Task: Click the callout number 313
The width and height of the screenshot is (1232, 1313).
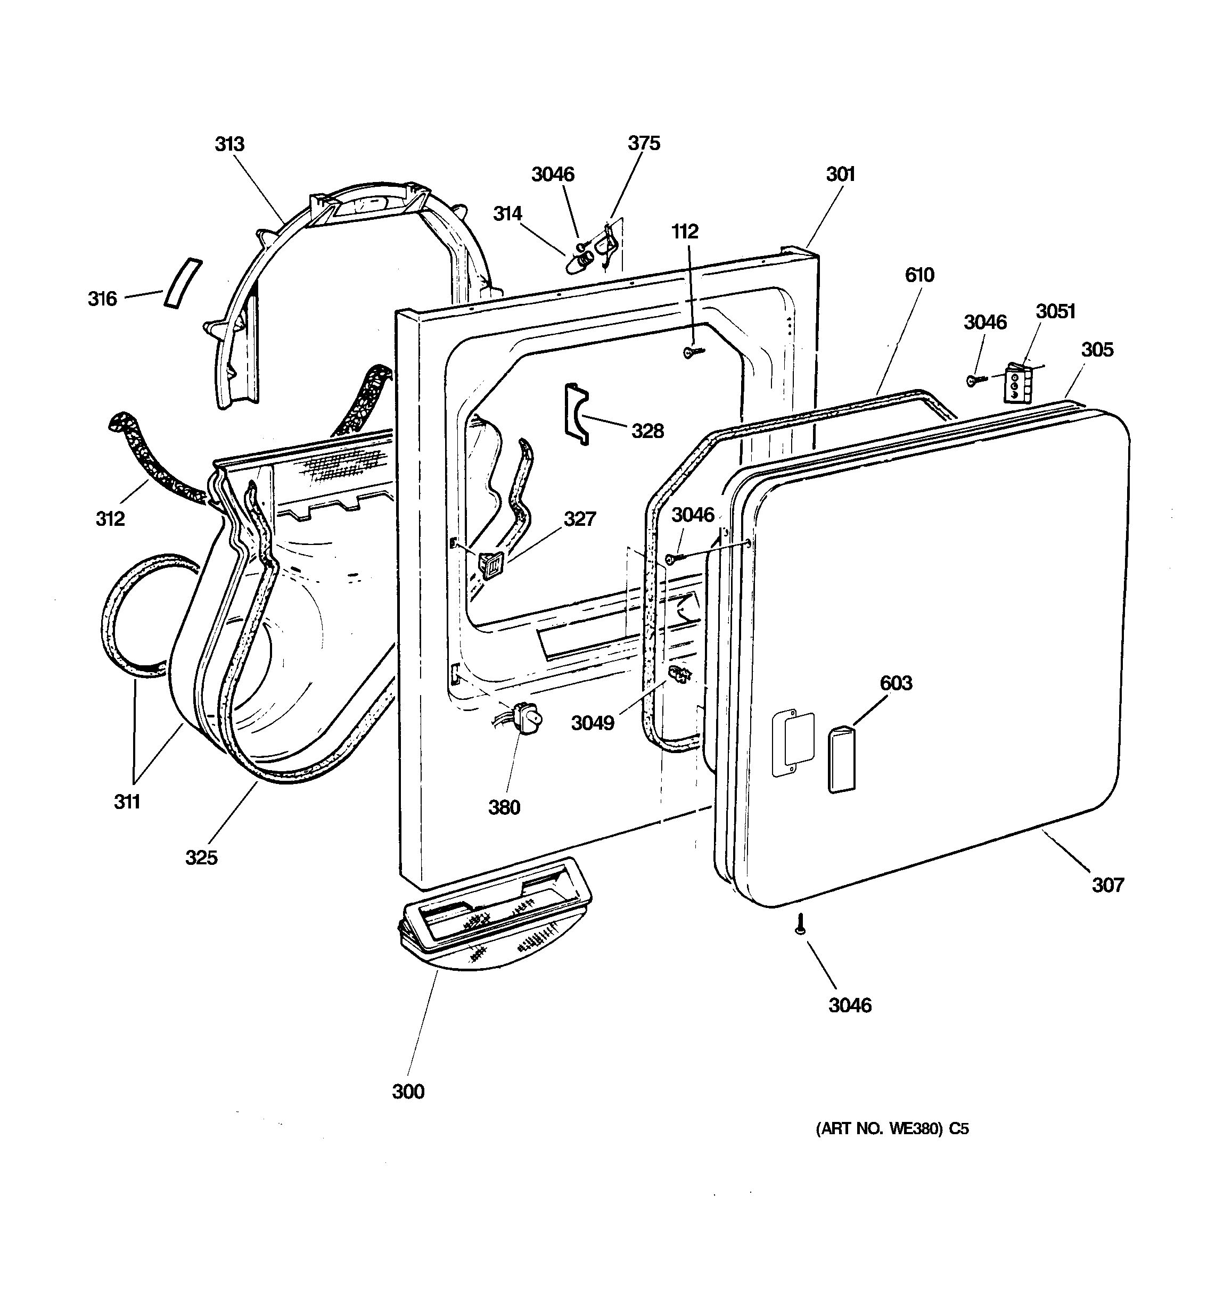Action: (x=229, y=144)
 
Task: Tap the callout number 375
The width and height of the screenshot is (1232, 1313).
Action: (x=643, y=143)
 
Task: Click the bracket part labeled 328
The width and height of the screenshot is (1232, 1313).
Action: (x=574, y=412)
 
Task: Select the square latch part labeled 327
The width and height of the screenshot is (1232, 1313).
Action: (x=491, y=564)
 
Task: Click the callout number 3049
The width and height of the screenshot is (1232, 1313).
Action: (x=593, y=723)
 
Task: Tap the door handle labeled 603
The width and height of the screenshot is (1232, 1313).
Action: (x=841, y=759)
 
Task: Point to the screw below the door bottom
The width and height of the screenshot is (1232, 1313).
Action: (x=801, y=924)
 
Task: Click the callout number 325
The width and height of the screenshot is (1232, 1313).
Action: (x=201, y=857)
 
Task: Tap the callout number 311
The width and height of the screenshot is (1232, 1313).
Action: (x=127, y=802)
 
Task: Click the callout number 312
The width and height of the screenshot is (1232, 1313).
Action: (x=110, y=518)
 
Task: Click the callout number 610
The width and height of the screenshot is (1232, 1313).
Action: (x=919, y=274)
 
